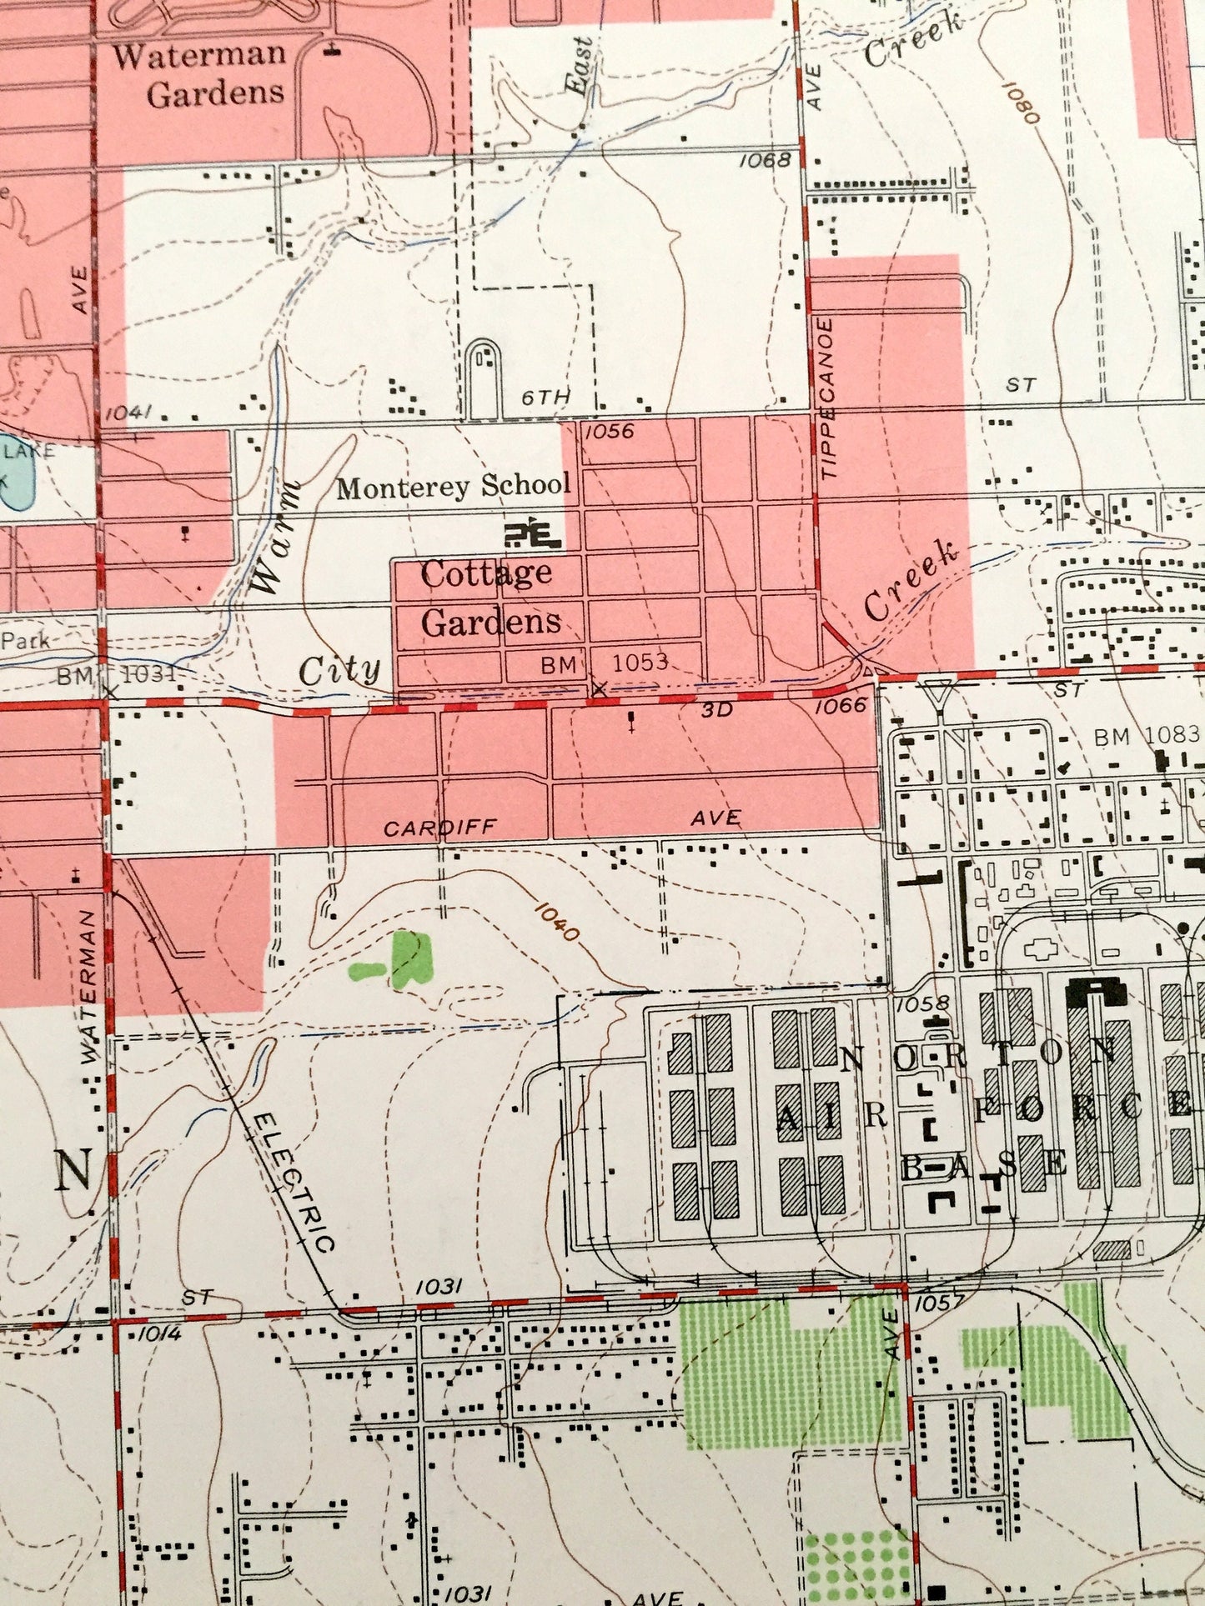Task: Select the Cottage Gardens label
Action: [x=490, y=597]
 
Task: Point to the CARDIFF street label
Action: [x=439, y=828]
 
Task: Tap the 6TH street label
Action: [x=545, y=398]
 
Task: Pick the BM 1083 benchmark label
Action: [x=1147, y=735]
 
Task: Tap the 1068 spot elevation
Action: [x=764, y=159]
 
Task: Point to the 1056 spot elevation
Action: [x=609, y=432]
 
